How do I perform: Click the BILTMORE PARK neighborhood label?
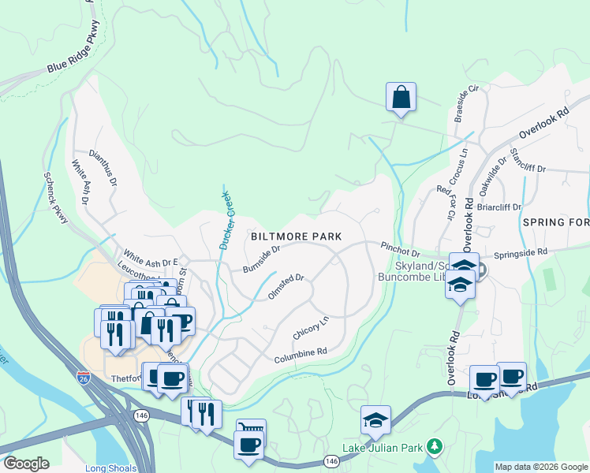click(x=296, y=236)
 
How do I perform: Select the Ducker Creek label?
click(x=226, y=220)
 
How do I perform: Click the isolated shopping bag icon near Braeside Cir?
click(x=401, y=98)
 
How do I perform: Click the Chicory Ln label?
click(x=311, y=329)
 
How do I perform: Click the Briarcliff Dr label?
click(x=500, y=208)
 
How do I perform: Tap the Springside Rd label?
click(x=521, y=253)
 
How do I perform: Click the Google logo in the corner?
click(x=25, y=464)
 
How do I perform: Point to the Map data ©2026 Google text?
click(x=540, y=467)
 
